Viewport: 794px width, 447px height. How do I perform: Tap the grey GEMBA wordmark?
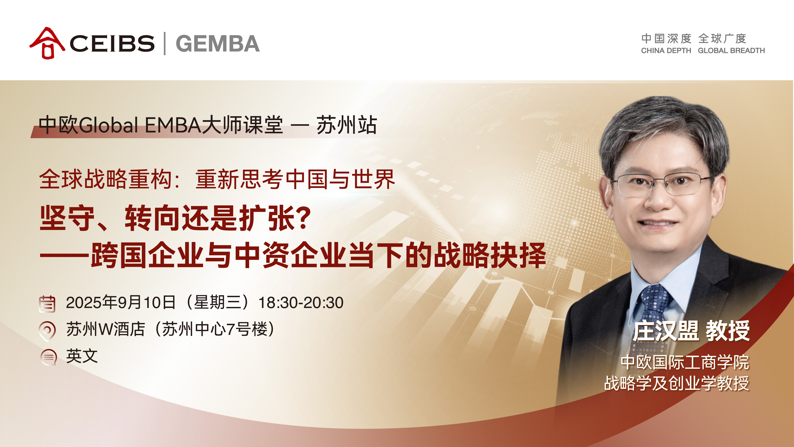[x=218, y=44]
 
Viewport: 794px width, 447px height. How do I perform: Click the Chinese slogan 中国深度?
[x=666, y=39]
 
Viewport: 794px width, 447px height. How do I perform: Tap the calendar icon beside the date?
[x=47, y=304]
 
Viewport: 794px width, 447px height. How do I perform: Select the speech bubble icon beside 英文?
[x=49, y=357]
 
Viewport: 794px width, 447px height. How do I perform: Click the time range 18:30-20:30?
[x=301, y=303]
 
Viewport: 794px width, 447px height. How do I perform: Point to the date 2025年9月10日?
[x=121, y=302]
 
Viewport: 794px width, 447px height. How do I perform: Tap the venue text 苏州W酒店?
[x=106, y=329]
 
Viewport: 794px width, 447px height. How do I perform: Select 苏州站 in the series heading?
[x=347, y=125]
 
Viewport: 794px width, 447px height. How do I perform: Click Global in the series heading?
[x=109, y=125]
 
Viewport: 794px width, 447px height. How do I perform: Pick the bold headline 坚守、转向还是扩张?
[x=175, y=218]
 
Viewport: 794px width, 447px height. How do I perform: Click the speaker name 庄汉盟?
[x=666, y=331]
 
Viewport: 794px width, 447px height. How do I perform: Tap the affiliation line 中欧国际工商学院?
[x=685, y=362]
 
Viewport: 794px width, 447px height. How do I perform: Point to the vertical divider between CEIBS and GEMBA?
[x=165, y=44]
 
